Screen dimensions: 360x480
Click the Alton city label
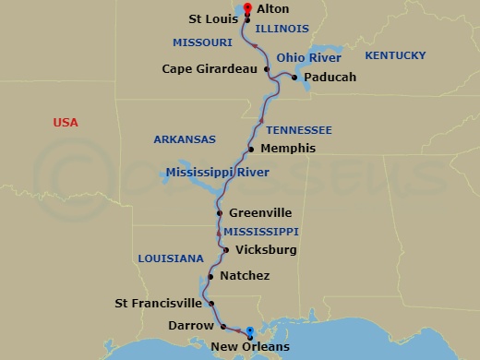tap(273, 8)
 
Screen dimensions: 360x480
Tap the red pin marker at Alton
tap(246, 9)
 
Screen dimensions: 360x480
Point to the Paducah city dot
tap(294, 78)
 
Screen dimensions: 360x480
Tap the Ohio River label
tap(304, 56)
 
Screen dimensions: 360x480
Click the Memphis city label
tap(288, 149)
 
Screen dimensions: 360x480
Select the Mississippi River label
tap(217, 173)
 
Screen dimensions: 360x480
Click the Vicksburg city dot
tap(226, 249)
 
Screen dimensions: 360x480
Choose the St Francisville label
tap(158, 303)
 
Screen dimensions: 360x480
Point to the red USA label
tap(66, 123)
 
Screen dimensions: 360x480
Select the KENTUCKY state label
tap(395, 56)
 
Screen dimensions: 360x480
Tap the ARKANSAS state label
tap(184, 139)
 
